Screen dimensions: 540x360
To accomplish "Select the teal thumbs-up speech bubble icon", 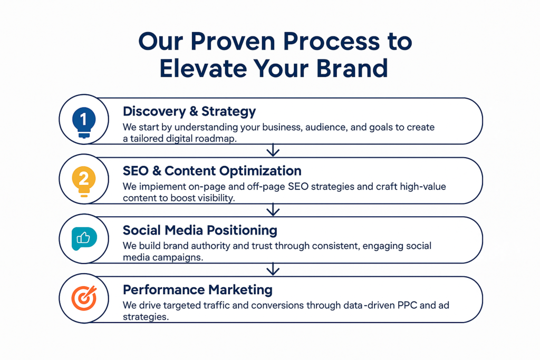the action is (84, 238).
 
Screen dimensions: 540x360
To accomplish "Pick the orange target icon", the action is (84, 298).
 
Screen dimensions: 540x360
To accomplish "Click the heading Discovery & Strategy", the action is (189, 112).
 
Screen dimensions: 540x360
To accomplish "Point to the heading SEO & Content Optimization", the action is (212, 171).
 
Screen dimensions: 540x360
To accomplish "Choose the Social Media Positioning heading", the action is (200, 230).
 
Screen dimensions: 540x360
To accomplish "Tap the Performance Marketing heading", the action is (197, 290).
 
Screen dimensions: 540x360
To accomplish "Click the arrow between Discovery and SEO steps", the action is (273, 150).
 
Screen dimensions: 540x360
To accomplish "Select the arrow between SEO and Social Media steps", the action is (273, 210).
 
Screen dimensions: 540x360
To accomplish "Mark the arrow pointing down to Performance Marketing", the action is (273, 269).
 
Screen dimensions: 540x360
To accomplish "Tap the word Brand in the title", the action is (352, 68).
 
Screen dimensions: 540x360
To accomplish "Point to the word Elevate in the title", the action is (203, 68).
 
